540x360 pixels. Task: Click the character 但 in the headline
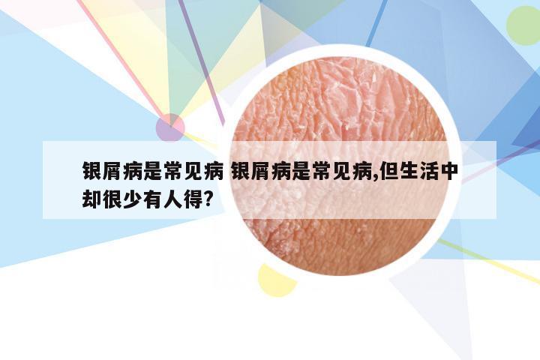coord(389,171)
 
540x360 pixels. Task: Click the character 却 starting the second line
coord(92,199)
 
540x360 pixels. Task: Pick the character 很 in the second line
coord(112,199)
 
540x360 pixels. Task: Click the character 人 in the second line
coord(172,199)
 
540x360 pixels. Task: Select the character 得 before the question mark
coord(193,199)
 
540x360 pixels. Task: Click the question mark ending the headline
coord(208,199)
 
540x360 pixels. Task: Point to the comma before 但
coord(375,177)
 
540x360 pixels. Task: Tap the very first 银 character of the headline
coord(92,171)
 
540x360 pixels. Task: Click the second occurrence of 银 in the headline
coord(241,171)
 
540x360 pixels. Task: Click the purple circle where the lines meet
coord(170,127)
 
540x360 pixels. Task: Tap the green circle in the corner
coord(523,25)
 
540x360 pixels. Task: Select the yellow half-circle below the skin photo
coord(276,281)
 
